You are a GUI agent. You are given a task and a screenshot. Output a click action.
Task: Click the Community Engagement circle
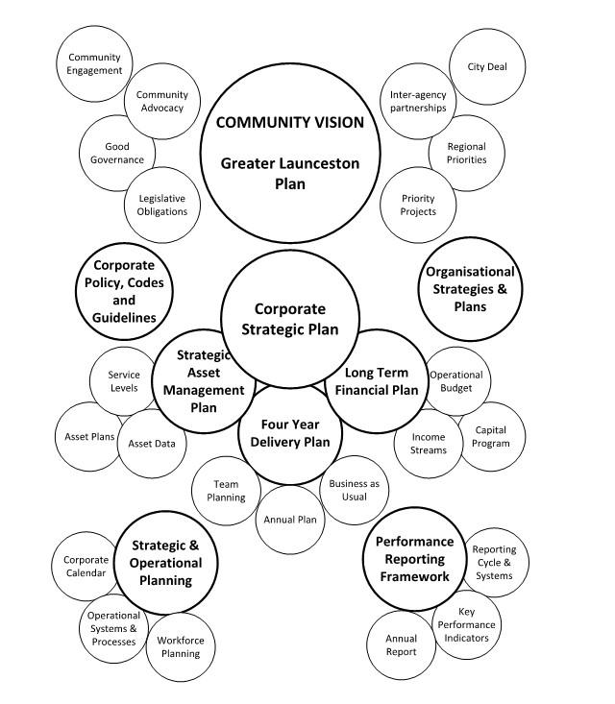pos(94,63)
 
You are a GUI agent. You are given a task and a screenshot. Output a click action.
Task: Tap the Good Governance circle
pos(111,153)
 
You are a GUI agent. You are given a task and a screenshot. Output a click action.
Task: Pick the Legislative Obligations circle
pos(156,205)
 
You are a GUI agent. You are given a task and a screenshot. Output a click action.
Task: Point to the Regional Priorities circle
pos(466,153)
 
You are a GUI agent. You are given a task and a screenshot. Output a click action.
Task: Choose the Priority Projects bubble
pos(418,205)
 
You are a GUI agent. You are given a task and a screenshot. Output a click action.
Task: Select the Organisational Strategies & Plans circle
pos(470,289)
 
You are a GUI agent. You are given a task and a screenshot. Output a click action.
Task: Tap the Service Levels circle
pos(123,381)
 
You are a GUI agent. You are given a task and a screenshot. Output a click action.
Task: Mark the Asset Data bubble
pos(151,443)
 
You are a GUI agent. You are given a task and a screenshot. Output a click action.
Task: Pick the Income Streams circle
pos(428,443)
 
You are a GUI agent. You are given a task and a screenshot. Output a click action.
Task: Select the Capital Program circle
pos(490,437)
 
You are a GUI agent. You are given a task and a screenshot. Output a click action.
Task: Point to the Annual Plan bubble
pos(290,520)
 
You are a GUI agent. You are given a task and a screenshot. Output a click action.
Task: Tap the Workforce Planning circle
pos(180,646)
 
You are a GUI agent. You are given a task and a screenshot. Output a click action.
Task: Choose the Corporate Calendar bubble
pos(86,566)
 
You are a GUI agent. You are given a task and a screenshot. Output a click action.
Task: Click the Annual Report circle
pos(402,644)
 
